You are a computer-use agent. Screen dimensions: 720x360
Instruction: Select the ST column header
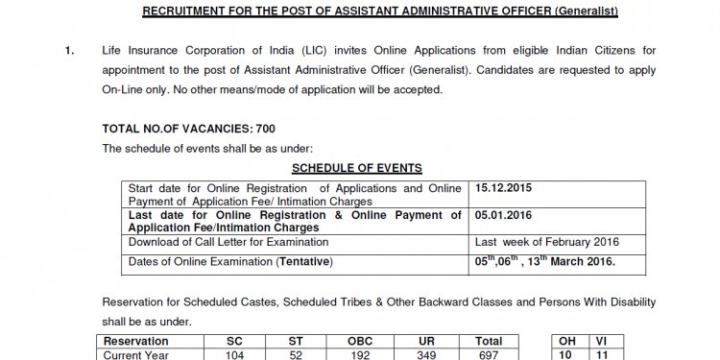point(296,342)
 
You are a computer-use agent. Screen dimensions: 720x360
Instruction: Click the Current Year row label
point(138,355)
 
